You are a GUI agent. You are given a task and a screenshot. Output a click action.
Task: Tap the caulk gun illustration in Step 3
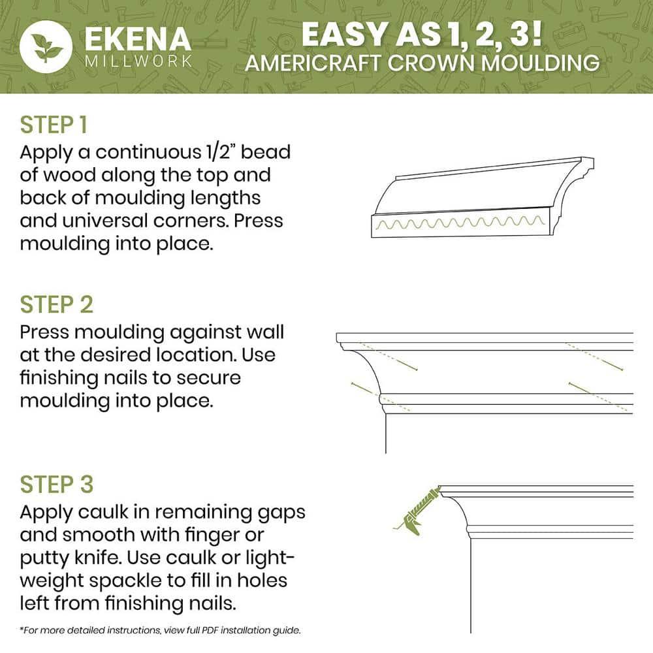(x=416, y=511)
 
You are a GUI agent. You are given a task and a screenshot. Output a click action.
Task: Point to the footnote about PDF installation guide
(x=160, y=631)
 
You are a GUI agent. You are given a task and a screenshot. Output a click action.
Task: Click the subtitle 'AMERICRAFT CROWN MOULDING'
(x=421, y=63)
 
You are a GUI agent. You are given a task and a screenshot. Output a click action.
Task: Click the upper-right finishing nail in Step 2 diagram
(x=594, y=357)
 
